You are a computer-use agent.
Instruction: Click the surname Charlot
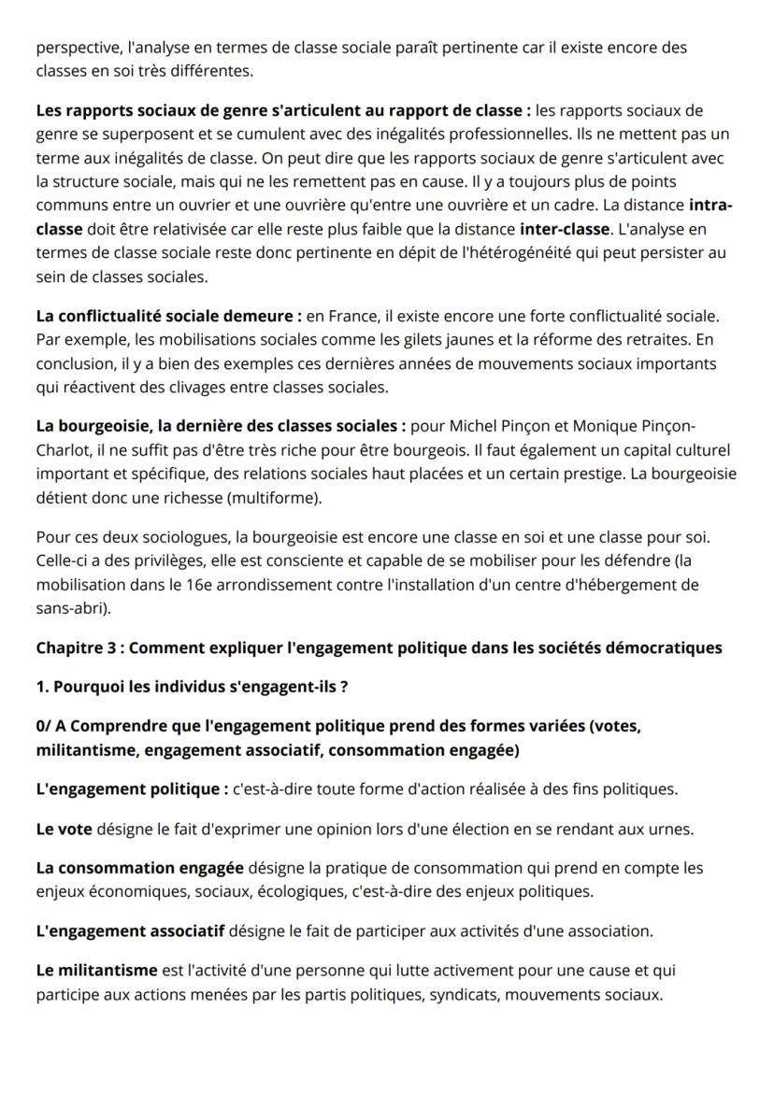(x=64, y=450)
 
